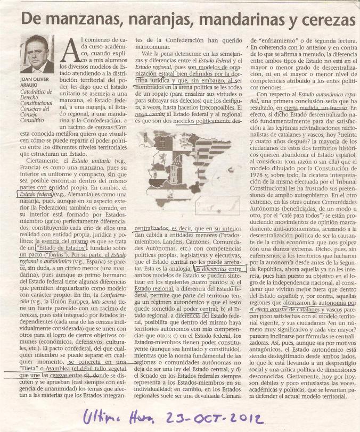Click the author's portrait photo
point(37,55)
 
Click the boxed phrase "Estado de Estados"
point(56,247)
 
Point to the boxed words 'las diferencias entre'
point(219,269)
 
